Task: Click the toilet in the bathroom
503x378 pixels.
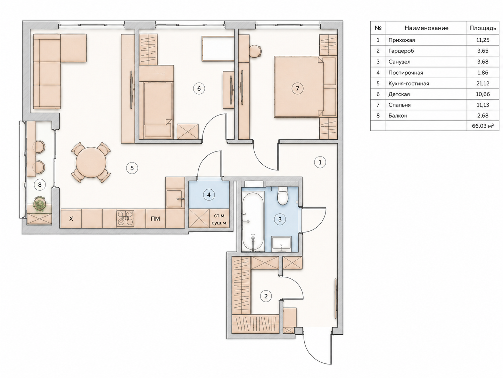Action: tap(282, 196)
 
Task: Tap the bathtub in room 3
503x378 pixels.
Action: tap(253, 221)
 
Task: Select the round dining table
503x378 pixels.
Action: tap(91, 162)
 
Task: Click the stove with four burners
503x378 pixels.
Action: tap(125, 219)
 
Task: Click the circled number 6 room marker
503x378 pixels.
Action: tap(199, 88)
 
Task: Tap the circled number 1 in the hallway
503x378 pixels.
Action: tap(320, 163)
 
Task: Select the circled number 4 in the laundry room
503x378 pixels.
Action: tap(209, 195)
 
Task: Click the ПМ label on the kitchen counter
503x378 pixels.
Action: tap(155, 219)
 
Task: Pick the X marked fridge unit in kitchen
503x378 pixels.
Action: tap(71, 219)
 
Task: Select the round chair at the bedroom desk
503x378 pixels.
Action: tap(255, 51)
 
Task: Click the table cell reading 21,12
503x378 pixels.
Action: tap(483, 83)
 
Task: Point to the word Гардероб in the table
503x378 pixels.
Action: tap(401, 51)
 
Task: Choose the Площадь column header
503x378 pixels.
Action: tap(483, 28)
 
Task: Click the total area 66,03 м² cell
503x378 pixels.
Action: tap(483, 126)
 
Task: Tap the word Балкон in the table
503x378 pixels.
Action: tap(398, 116)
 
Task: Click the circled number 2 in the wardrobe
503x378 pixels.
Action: tap(266, 296)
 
